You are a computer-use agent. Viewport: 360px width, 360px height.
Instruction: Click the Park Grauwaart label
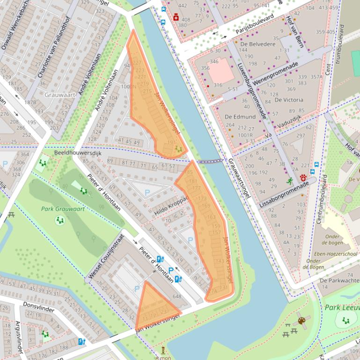[x=63, y=209]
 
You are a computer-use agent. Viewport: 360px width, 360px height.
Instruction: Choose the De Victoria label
[x=289, y=100]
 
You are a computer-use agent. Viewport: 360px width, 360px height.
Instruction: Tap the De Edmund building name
[x=240, y=116]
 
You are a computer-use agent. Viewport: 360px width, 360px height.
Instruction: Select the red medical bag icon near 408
[x=176, y=17]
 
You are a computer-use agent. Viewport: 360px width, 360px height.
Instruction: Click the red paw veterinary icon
[x=303, y=178]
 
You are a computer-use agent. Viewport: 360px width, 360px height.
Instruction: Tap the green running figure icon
[x=290, y=180]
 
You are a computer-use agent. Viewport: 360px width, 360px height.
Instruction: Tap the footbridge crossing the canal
[x=209, y=161]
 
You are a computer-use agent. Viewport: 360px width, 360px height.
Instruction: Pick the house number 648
[x=176, y=296]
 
